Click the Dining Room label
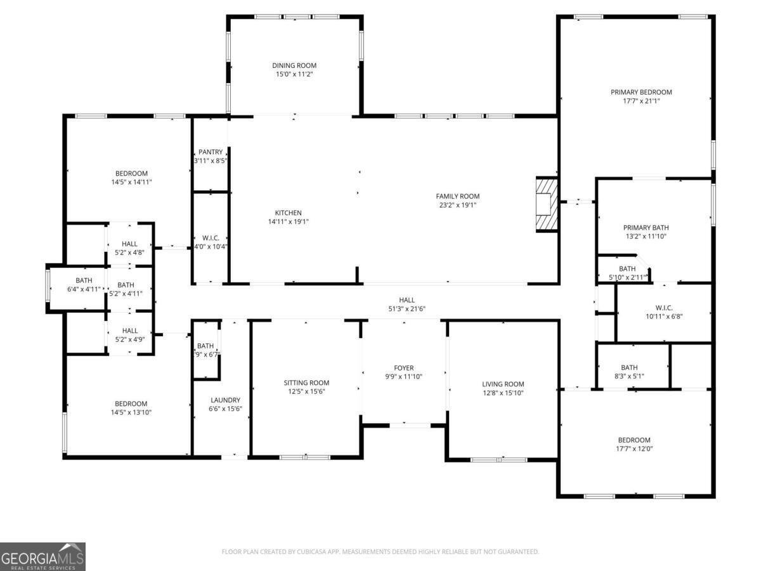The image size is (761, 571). point(294,65)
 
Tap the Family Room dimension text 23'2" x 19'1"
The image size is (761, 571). point(458,205)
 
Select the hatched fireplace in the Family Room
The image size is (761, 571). point(547,204)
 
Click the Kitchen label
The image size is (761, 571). point(288,213)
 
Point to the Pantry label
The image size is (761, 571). point(211,152)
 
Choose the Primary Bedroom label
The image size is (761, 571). point(641,92)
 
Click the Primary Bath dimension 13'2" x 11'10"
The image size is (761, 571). point(646,237)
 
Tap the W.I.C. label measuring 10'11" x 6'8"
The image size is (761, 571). point(664,308)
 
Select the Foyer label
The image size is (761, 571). point(403,368)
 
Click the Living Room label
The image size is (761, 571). point(503,384)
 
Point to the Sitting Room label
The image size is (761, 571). point(306,383)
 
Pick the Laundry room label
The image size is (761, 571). point(225,400)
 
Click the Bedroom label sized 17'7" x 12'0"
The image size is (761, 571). point(634,440)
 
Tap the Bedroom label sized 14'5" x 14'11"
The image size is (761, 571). point(131,173)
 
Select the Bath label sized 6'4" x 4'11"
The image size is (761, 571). point(84,280)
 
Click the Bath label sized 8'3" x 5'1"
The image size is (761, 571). point(629,367)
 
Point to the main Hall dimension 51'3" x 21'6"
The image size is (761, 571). point(407,309)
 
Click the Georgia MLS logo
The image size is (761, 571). point(42,556)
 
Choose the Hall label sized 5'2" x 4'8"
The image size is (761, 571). point(129,244)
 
